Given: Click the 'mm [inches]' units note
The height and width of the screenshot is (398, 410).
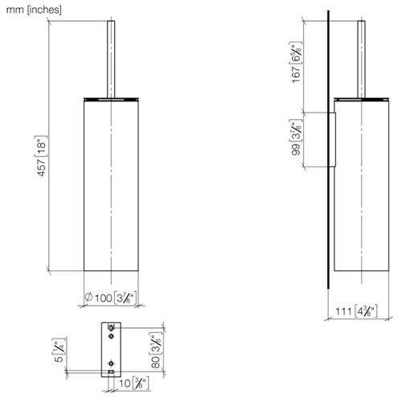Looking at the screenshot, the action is pyautogui.click(x=34, y=10).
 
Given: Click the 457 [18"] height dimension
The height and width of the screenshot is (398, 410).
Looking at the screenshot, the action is pyautogui.click(x=41, y=156).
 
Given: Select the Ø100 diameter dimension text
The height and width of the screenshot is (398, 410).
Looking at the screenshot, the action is pyautogui.click(x=111, y=297).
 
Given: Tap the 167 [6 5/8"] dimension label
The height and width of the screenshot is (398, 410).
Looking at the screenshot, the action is pyautogui.click(x=296, y=62).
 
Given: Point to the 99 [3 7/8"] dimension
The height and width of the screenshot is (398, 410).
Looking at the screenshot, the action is pyautogui.click(x=296, y=137).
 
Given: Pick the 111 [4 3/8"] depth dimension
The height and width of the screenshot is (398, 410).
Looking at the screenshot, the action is pyautogui.click(x=356, y=311).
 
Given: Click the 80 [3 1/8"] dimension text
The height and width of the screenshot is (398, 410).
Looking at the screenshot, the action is pyautogui.click(x=156, y=351).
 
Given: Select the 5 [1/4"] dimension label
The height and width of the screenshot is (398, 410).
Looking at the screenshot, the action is pyautogui.click(x=59, y=351).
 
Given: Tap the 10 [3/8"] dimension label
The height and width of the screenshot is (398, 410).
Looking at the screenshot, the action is pyautogui.click(x=133, y=384).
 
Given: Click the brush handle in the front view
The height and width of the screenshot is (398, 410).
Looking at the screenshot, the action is pyautogui.click(x=111, y=59).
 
